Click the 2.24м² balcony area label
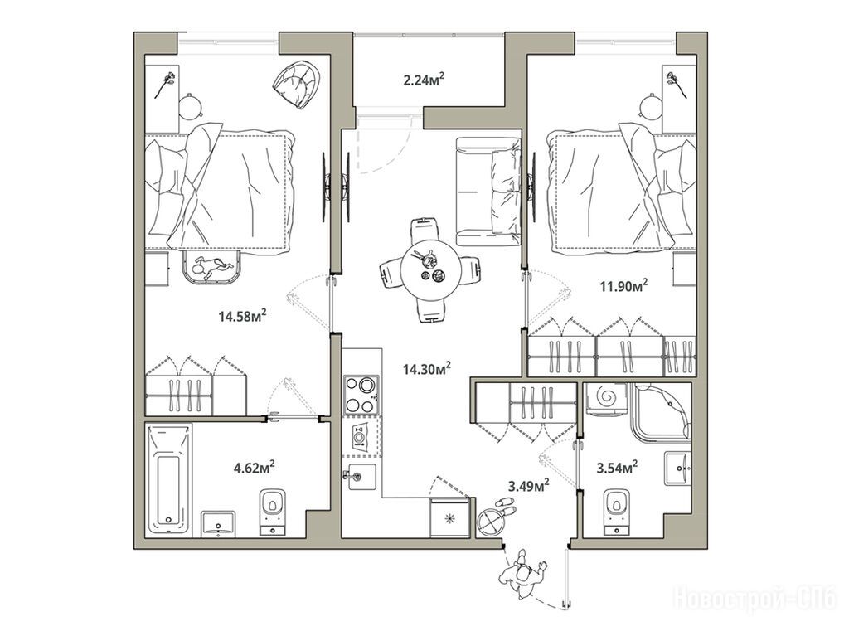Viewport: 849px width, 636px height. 424,80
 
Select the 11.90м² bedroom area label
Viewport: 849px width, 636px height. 625,285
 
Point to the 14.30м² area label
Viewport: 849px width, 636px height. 427,369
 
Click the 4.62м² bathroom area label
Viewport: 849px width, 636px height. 254,467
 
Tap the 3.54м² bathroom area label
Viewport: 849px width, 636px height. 616,467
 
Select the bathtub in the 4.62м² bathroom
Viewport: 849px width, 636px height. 170,479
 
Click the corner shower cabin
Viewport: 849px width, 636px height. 662,412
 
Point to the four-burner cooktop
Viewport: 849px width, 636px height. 361,396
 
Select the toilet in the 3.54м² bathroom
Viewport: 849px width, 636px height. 616,512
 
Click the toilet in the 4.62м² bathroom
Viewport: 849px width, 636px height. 272,512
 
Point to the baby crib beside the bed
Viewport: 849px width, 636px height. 212,267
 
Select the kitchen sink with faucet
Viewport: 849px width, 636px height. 361,476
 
